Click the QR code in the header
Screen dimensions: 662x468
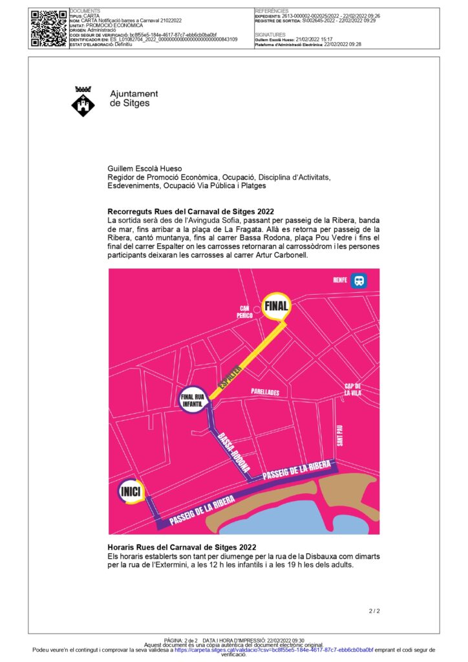click(48, 28)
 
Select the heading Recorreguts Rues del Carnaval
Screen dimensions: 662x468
click(190, 211)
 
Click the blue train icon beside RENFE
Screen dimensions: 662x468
click(359, 281)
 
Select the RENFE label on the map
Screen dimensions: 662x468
click(340, 281)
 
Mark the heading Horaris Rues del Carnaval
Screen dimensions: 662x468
click(183, 548)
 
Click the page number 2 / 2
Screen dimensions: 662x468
click(374, 610)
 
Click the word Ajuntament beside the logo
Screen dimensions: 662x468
click(134, 94)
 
